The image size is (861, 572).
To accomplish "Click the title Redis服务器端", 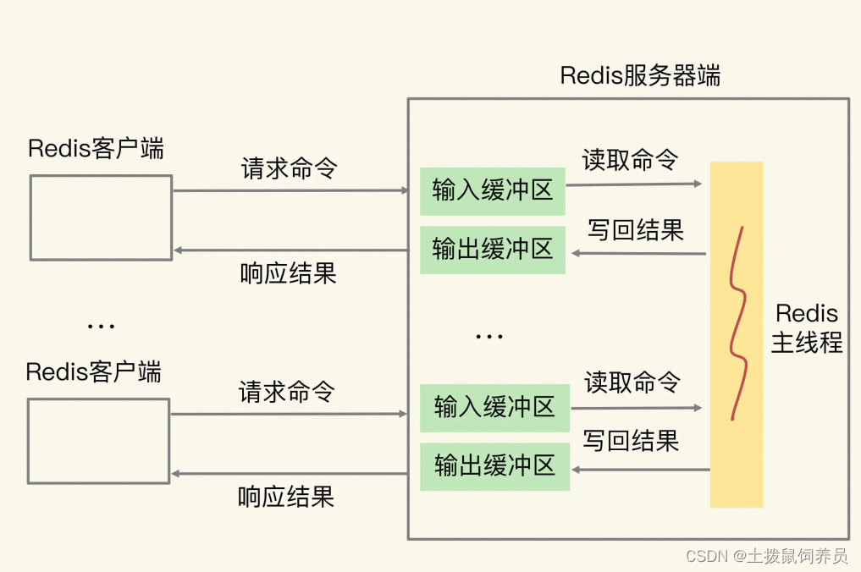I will coord(640,75).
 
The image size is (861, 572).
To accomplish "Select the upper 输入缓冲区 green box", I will coord(492,190).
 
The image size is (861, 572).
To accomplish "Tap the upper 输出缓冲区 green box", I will coord(492,249).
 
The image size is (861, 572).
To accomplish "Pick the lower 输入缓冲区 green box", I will coord(494,408).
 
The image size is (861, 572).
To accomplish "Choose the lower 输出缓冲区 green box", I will coord(494,466).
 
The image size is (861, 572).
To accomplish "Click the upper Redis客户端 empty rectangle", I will coord(101,217).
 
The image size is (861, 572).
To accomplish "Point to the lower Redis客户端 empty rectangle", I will coord(98,441).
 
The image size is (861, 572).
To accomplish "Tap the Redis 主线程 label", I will coord(806,328).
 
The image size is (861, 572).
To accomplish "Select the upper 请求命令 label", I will coord(289,168).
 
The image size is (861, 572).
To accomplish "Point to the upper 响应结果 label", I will coord(288,273).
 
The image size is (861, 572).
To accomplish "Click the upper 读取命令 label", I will coord(630,159).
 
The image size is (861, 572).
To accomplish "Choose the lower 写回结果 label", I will coord(631,441).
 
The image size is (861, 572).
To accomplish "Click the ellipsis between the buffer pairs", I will coord(489,337).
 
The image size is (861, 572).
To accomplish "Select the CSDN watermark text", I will coord(766,556).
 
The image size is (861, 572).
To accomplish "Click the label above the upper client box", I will coord(96,149).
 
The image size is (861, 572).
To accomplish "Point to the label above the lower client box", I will coord(93,372).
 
